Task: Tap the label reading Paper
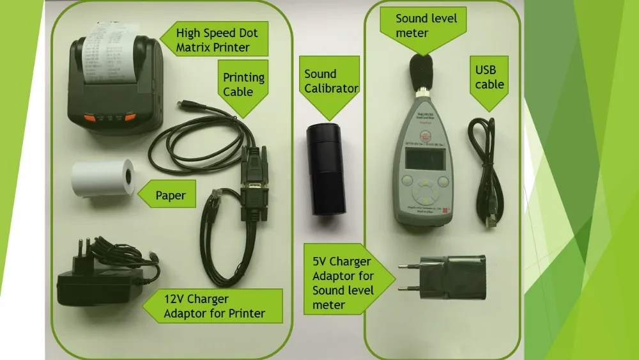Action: click(x=170, y=195)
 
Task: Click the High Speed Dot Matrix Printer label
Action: click(x=212, y=40)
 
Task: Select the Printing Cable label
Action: click(x=243, y=84)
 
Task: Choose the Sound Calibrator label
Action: click(x=330, y=81)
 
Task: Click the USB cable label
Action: click(x=489, y=77)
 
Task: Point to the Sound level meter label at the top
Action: click(x=425, y=26)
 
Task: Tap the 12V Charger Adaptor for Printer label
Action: click(x=214, y=306)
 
